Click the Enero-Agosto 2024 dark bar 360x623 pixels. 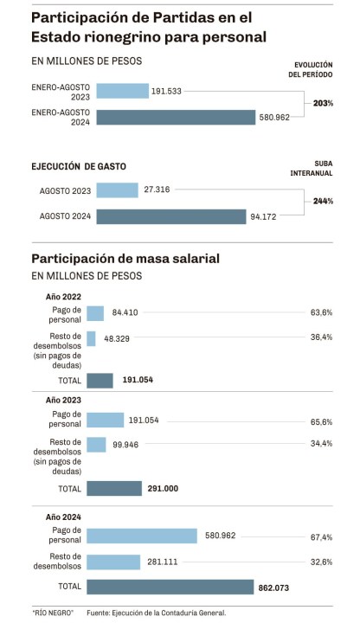pyautogui.click(x=176, y=117)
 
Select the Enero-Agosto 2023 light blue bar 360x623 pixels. pyautogui.click(x=122, y=91)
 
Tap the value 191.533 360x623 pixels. pyautogui.click(x=166, y=92)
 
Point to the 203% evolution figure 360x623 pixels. pyautogui.click(x=323, y=103)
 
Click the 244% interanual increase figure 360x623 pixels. pyautogui.click(x=323, y=201)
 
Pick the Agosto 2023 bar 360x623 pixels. pyautogui.click(x=117, y=189)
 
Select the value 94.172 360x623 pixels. pyautogui.click(x=263, y=217)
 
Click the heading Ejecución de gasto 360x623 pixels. pyautogui.click(x=79, y=166)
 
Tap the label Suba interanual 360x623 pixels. pyautogui.click(x=312, y=169)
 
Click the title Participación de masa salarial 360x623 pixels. pyautogui.click(x=125, y=259)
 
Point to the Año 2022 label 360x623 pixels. pyautogui.click(x=63, y=297)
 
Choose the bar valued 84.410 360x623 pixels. pyautogui.click(x=95, y=313)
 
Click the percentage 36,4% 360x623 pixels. pyautogui.click(x=321, y=337)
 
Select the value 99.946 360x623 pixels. pyautogui.click(x=125, y=445)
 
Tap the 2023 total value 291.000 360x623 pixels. pyautogui.click(x=163, y=489)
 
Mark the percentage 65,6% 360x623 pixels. pyautogui.click(x=321, y=422)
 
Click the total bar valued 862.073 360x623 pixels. pyautogui.click(x=170, y=587)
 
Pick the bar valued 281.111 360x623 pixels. pyautogui.click(x=113, y=562)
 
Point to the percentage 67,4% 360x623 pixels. pyautogui.click(x=321, y=537)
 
